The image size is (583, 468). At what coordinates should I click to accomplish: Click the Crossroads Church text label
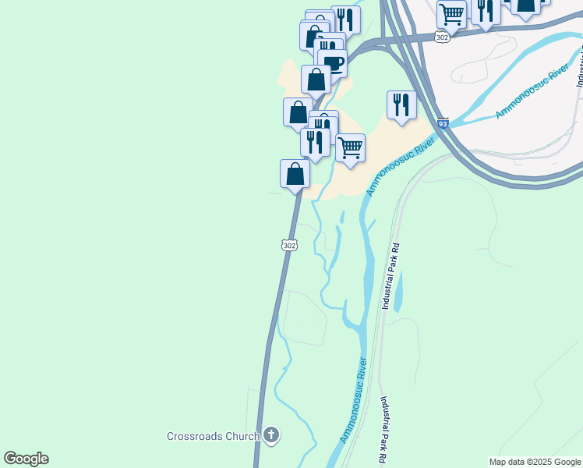pos(213,436)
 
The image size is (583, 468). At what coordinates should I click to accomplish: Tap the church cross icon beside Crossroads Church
pos(270,435)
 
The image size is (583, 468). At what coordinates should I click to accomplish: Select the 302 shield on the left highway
pos(289,245)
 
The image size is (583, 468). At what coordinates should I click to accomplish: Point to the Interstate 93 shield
pos(443,124)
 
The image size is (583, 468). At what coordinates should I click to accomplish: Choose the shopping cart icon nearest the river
pos(351,147)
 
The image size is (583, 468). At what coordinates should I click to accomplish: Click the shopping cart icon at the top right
pos(452,13)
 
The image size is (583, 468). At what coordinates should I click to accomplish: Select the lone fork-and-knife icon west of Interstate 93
pos(401,104)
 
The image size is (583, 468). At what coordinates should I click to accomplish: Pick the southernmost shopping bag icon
pos(295,173)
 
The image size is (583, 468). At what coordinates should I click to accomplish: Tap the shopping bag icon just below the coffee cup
pos(316,80)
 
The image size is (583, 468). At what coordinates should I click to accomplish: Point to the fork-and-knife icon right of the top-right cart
pos(486,10)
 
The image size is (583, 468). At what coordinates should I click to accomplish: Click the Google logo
pos(26,459)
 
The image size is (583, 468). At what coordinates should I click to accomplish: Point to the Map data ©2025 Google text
pos(535,462)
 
